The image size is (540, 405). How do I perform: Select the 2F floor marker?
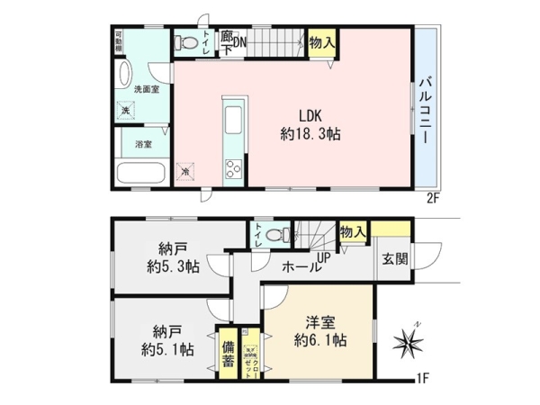[433, 196]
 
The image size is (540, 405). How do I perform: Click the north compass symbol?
[409, 342]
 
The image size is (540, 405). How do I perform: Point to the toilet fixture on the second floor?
[184, 42]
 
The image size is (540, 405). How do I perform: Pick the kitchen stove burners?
[231, 167]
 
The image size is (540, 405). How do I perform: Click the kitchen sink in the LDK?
[230, 118]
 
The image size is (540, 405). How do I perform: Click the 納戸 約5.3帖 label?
[166, 256]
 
